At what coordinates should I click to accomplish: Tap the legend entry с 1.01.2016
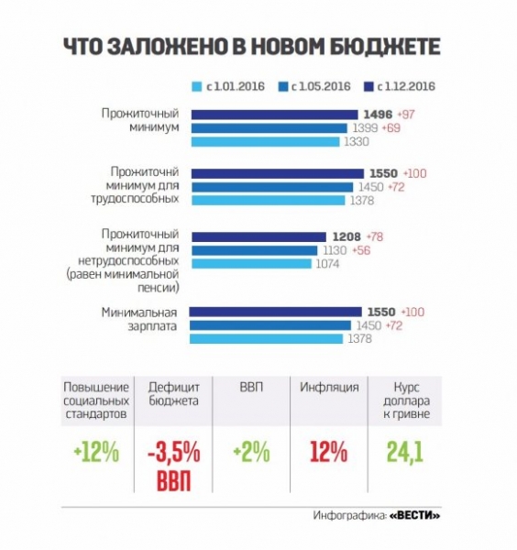coord(228,87)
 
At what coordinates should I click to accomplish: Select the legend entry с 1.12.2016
coord(400,87)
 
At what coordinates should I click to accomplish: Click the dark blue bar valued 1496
coord(275,115)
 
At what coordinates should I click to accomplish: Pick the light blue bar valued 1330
coord(265,142)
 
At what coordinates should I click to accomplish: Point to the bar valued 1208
coord(258,237)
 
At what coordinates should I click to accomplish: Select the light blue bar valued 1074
coord(251,263)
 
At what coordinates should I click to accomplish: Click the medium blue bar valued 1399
coord(269,128)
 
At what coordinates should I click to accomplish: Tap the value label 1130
coord(335,250)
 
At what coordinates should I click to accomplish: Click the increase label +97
coord(406,115)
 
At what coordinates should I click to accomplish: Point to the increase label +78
coord(374,236)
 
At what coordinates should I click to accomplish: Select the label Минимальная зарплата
coord(139,319)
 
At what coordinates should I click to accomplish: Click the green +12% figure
coord(96,452)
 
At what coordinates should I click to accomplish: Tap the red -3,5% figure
coord(174,452)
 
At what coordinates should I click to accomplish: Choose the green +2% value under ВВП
coord(251,452)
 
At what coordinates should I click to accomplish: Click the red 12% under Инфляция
coord(329,452)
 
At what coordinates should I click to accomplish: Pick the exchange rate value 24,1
coord(405,452)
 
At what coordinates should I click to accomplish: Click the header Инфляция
coord(329,387)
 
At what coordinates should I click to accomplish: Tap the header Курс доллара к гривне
coord(406,401)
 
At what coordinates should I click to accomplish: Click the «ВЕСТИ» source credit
coord(414,515)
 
